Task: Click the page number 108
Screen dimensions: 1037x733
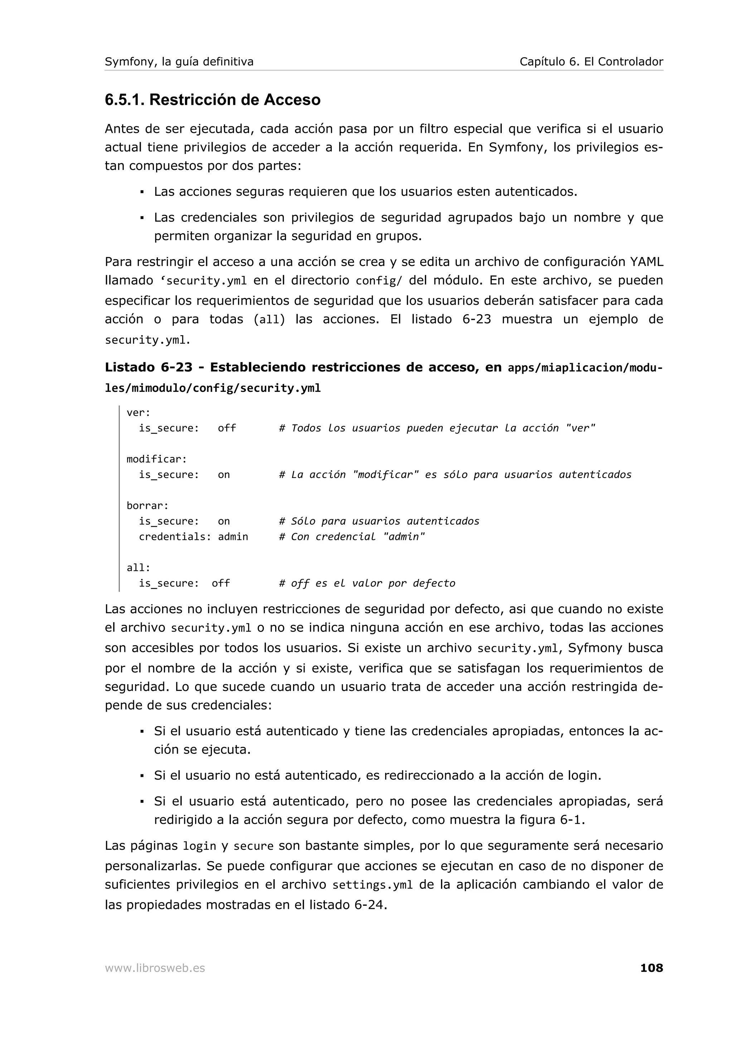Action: pyautogui.click(x=651, y=968)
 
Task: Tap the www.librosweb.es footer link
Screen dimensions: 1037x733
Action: pyautogui.click(x=155, y=968)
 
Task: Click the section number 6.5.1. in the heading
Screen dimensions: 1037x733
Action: pyautogui.click(x=125, y=100)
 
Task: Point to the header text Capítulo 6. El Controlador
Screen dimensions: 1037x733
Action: pyautogui.click(x=591, y=62)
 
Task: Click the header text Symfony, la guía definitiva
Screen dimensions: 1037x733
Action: pyautogui.click(x=179, y=62)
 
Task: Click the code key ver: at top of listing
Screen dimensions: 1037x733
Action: pyautogui.click(x=138, y=412)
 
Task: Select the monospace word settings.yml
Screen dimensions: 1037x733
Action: pyautogui.click(x=373, y=885)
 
